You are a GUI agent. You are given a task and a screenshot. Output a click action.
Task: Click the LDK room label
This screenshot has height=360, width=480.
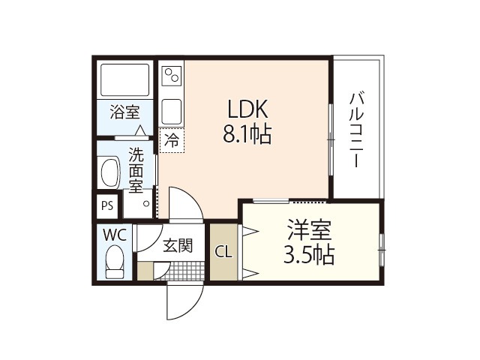[248, 109]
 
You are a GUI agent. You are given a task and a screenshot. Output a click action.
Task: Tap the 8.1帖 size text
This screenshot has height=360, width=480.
[247, 134]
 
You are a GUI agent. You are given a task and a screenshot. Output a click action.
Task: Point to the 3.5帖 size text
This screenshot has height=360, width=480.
[309, 255]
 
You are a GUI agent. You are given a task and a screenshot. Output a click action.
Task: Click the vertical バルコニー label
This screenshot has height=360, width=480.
[357, 130]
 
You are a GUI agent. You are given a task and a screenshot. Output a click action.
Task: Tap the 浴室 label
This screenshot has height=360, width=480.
[125, 112]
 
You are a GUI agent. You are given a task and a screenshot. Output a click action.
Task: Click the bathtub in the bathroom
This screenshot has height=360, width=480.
[125, 79]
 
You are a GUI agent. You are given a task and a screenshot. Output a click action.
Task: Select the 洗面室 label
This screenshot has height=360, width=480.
[136, 170]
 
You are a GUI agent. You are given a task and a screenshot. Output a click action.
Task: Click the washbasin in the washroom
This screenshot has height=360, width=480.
[109, 172]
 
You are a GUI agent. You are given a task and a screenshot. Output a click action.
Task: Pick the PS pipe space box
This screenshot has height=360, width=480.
[107, 205]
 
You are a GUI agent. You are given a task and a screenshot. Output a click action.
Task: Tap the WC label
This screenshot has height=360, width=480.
[115, 235]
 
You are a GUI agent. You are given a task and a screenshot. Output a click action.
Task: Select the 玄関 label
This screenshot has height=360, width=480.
[178, 245]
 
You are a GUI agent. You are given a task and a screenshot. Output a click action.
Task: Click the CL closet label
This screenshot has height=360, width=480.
[223, 253]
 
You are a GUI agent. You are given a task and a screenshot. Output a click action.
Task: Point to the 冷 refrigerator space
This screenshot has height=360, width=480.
[172, 140]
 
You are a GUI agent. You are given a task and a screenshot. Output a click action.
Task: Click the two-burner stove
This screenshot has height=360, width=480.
[172, 75]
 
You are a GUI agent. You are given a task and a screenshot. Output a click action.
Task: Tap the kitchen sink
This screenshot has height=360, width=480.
[172, 112]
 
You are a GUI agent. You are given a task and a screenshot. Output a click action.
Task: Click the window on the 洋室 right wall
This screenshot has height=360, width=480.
[381, 250]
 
